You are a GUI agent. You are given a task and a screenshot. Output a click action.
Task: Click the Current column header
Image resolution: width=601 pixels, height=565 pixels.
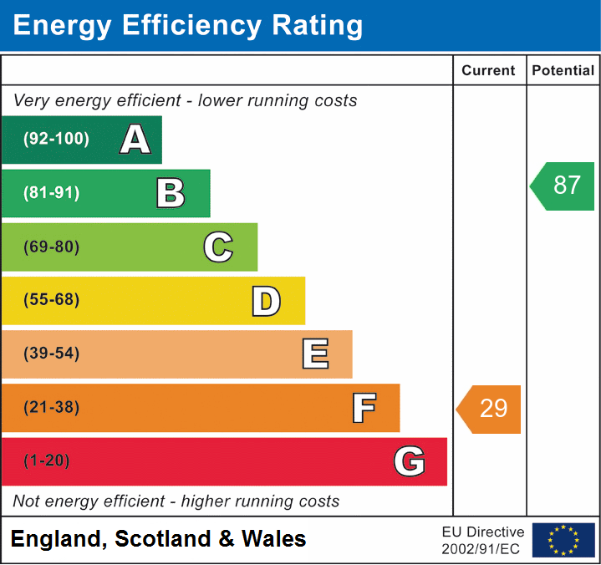(x=488, y=70)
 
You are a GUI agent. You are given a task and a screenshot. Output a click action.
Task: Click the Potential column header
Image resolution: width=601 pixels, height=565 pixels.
(x=563, y=70)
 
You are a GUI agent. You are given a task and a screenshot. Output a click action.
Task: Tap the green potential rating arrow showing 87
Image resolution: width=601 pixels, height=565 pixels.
(x=563, y=186)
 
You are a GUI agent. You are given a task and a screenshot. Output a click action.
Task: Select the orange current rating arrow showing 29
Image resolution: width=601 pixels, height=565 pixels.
(x=488, y=410)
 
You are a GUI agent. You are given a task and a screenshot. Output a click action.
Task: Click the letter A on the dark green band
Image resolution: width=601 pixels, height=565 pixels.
(x=135, y=139)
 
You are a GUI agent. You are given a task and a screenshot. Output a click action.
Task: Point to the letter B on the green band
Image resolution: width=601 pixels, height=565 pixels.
(x=171, y=193)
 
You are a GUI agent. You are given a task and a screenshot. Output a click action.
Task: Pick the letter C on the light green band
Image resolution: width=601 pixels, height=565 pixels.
(x=218, y=247)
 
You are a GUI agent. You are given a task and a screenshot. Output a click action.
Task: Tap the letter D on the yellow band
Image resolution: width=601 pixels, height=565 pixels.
(x=267, y=301)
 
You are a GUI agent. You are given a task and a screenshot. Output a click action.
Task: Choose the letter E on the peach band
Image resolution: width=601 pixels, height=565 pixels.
(x=315, y=354)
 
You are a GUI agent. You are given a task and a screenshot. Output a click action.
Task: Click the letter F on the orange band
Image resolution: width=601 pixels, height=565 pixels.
(x=364, y=408)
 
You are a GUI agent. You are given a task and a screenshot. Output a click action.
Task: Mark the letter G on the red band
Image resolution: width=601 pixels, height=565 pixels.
(x=410, y=461)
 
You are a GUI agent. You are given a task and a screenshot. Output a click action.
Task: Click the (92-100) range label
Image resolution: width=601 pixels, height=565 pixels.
(x=56, y=139)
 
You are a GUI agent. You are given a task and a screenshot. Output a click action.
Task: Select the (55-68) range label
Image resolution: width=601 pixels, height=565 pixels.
(x=52, y=299)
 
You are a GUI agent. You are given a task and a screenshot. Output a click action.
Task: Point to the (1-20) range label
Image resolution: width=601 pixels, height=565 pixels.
(x=47, y=461)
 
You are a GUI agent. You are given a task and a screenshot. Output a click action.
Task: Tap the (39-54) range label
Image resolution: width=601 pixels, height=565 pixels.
(x=52, y=353)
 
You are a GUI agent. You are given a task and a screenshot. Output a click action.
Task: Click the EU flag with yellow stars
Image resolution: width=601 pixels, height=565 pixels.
(x=563, y=540)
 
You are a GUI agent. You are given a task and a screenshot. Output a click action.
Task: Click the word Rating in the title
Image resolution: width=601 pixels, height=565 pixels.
(x=318, y=26)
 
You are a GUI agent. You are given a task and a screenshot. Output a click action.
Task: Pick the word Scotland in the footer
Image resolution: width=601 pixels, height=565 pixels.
(x=163, y=538)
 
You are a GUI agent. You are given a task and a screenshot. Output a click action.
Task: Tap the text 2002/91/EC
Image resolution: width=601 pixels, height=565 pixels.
(x=481, y=549)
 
